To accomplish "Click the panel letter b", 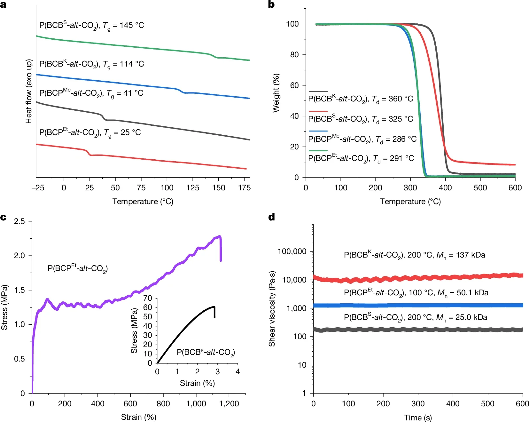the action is tap(271, 4).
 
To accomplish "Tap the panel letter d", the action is tap(271, 217).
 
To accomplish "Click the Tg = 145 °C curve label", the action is tap(92, 25).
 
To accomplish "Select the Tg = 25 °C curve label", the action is tap(90, 132).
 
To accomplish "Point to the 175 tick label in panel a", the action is tap(244, 188).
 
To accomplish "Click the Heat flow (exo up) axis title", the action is tap(29, 92).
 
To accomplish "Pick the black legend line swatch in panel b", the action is tap(318, 92).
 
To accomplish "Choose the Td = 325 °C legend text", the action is tap(361, 119).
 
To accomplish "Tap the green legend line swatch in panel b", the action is tap(318, 150).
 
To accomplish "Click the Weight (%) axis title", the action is tap(276, 93).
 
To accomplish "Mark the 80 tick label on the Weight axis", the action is tap(294, 55).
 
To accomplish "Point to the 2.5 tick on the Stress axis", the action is tap(19, 221).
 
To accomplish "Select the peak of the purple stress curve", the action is tap(220, 236).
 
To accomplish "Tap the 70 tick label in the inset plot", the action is tap(148, 298).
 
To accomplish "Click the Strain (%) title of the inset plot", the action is tap(197, 383).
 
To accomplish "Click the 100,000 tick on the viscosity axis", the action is tap(292, 251).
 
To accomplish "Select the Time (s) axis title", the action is tap(418, 418).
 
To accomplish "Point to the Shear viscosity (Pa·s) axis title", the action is tap(272, 309).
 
